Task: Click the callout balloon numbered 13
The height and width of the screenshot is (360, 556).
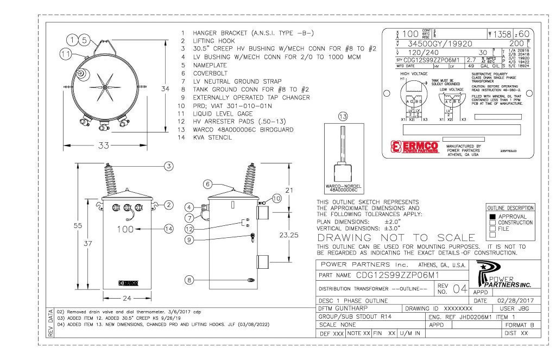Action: [x=340, y=116]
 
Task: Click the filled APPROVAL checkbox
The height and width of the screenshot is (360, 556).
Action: [x=492, y=216]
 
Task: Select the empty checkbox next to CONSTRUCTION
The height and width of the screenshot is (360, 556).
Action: [x=492, y=223]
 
